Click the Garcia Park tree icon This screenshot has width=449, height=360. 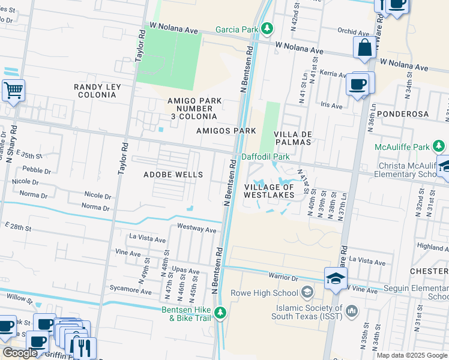pos(268,29)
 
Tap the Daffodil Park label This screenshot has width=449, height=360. pos(265,157)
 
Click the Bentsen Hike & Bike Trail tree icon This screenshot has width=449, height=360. pos(220,313)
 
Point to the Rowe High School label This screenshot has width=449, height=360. pos(272,293)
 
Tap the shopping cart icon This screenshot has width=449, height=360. pos(13,91)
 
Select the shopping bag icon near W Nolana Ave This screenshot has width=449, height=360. pos(364,47)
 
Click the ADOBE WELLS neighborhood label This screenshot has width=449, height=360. pos(173,175)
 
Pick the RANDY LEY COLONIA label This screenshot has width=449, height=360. pos(97,91)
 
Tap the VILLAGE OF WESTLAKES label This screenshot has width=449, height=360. pos(269,191)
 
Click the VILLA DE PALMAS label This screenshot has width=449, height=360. pos(292,138)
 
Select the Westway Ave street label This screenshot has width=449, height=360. pos(196,229)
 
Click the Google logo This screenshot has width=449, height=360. pos(20,353)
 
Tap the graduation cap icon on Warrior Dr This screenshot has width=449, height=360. pos(336,277)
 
